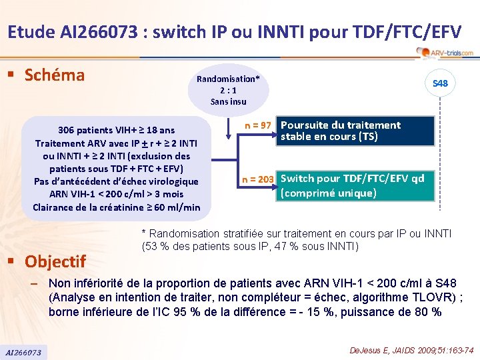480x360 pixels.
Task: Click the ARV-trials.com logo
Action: [x=444, y=52]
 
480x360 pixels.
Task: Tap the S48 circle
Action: [x=440, y=84]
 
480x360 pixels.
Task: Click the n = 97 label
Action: [x=256, y=125]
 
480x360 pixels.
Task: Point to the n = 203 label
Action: [x=257, y=179]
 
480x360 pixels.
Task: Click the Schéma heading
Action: [x=55, y=75]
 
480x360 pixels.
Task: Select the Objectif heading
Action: [x=56, y=261]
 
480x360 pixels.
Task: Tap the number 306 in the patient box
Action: [x=66, y=130]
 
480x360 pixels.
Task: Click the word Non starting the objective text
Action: [x=60, y=282]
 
